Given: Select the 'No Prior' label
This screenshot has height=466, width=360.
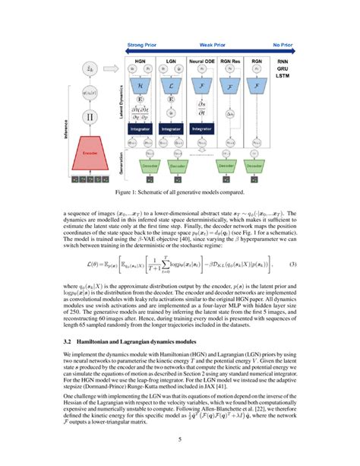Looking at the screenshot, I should pos(284,46).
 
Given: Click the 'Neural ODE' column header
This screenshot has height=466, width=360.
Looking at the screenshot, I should pos(201,59).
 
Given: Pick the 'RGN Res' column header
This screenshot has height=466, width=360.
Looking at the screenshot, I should pos(231,59).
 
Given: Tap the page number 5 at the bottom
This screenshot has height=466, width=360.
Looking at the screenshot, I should pos(179,438).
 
